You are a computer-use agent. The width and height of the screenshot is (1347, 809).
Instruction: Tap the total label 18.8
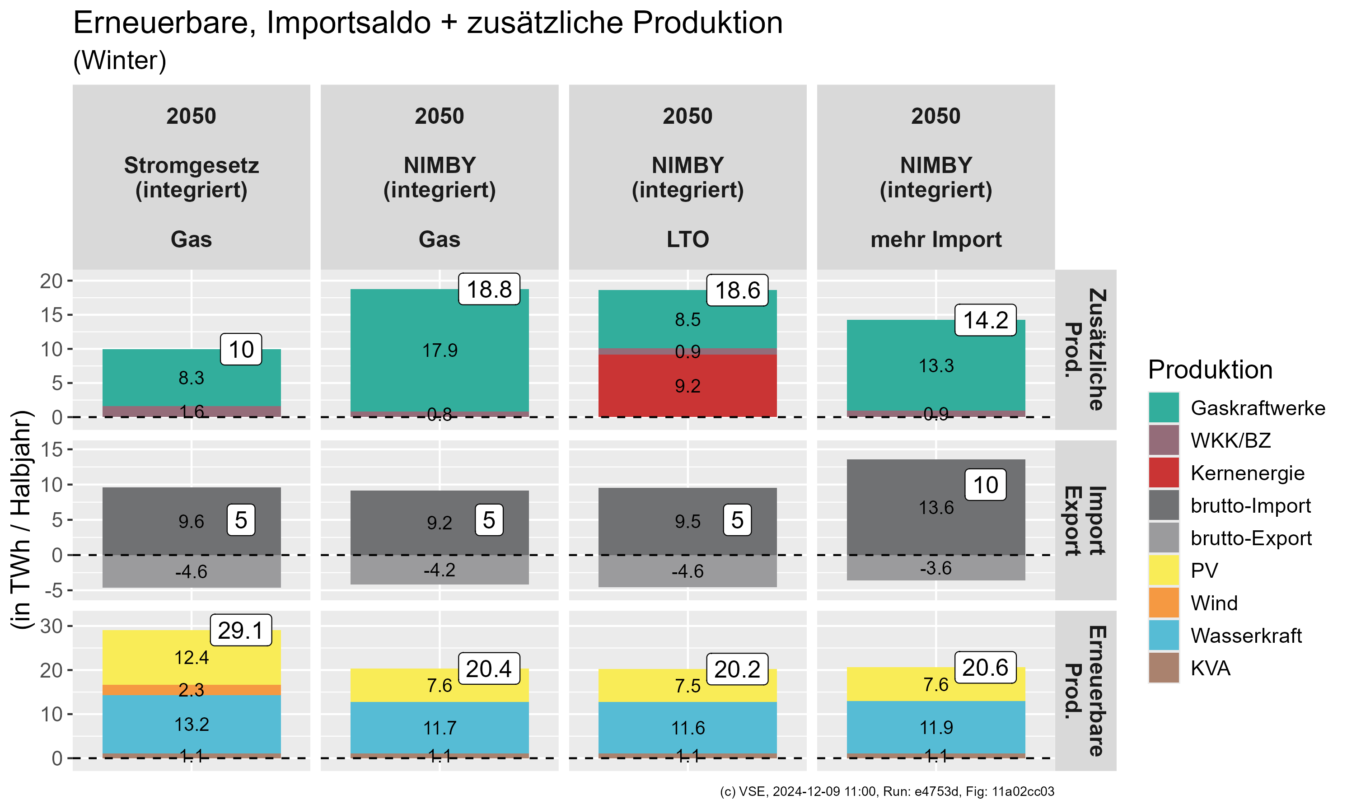(489, 290)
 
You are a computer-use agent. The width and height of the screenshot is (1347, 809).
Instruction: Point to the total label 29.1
(240, 631)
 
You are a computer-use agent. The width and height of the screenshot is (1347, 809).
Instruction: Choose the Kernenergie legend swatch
(1163, 472)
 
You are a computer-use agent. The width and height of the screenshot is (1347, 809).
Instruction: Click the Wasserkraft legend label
(1246, 636)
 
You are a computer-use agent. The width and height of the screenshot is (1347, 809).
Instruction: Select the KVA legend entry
(1210, 669)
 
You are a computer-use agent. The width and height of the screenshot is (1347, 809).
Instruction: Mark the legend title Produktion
(1210, 370)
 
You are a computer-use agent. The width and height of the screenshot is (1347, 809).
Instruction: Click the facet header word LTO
(688, 239)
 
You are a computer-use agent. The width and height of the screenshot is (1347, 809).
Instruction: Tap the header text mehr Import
(935, 239)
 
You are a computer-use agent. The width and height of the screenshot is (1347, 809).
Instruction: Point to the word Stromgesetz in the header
(192, 165)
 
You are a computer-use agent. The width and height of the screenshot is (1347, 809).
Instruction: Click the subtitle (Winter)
(119, 60)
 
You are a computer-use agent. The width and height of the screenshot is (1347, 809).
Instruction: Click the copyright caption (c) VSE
(886, 791)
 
